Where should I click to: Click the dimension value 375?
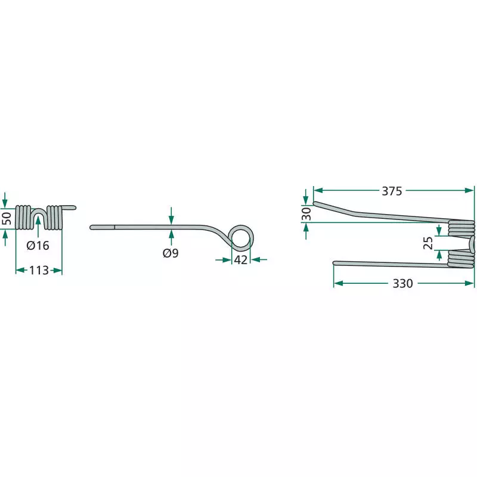tap(392, 191)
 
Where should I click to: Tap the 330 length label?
tap(402, 283)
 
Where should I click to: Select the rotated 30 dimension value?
tap(307, 214)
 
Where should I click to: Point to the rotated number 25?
tap(428, 243)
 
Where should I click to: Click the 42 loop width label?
tap(241, 260)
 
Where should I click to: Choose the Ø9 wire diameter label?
tap(171, 253)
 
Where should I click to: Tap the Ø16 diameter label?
tap(38, 245)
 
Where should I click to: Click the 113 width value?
tap(39, 270)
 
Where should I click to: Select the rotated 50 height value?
tap(7, 218)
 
